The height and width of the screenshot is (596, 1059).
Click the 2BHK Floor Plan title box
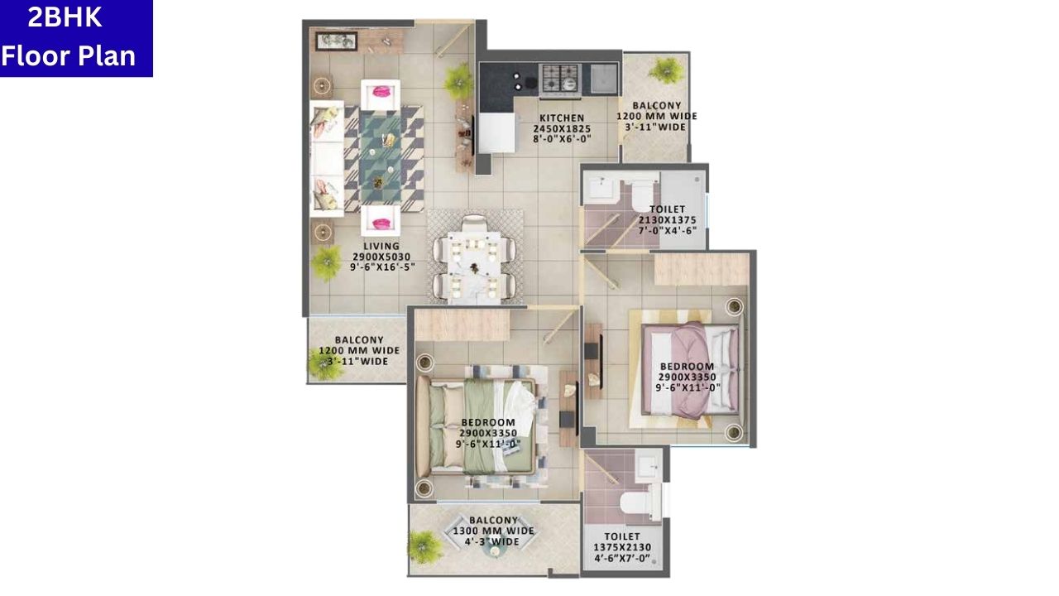[76, 38]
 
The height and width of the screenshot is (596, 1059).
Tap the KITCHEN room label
[562, 118]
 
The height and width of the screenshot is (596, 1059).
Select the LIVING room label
[381, 246]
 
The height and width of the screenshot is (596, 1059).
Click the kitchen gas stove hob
[560, 78]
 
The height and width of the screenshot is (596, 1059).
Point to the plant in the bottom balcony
[425, 546]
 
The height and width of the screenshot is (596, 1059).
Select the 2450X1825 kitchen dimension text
[562, 128]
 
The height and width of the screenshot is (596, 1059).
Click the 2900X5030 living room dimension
[381, 257]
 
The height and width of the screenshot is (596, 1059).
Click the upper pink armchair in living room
[381, 92]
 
